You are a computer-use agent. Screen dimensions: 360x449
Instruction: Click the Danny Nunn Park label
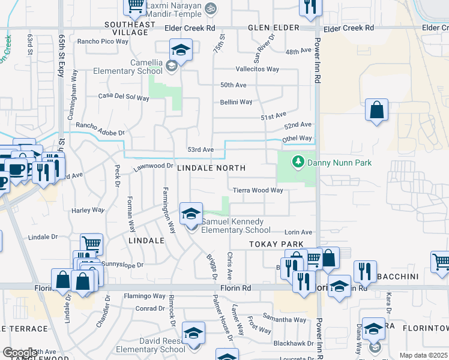[x=339, y=163]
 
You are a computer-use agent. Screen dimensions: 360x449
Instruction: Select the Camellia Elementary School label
[x=128, y=67]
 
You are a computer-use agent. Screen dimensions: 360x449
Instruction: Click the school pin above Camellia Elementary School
[x=181, y=50]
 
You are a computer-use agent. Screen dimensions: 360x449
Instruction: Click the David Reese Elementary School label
[x=150, y=345]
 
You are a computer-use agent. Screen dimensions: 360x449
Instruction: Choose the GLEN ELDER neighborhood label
[x=274, y=28]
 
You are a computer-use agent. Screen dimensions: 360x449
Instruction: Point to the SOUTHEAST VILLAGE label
[x=126, y=28]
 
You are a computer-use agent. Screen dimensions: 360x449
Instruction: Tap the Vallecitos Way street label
[x=258, y=69]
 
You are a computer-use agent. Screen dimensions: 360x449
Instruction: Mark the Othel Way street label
[x=297, y=138]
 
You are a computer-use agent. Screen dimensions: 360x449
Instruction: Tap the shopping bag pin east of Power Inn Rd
[x=376, y=110]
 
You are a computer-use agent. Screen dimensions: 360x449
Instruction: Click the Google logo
[x=20, y=353]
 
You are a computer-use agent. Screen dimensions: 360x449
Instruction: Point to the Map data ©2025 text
[x=423, y=355]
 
